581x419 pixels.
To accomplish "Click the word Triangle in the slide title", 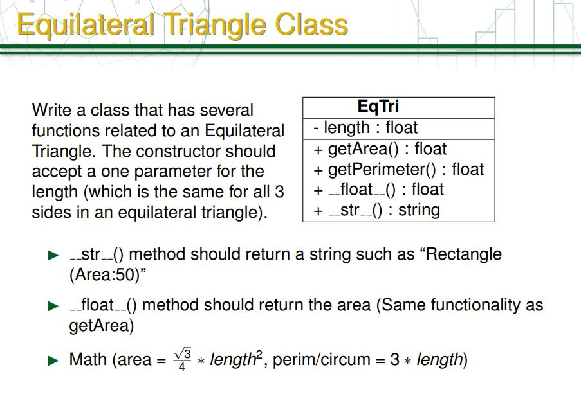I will click(217, 25).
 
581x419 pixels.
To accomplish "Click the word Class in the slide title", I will click(311, 25).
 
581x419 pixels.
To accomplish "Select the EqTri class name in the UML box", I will click(378, 107).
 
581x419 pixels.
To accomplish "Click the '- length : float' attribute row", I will click(365, 128).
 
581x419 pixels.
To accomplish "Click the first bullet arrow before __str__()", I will click(53, 255).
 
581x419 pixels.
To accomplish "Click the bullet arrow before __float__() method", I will click(53, 306).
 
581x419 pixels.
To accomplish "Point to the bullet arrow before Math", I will click(53, 361).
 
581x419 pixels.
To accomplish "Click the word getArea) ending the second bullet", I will click(101, 326).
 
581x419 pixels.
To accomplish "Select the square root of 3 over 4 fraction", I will click(183, 359).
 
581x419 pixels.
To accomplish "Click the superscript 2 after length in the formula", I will click(261, 354).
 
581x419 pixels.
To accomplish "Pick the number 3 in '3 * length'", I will click(394, 360).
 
